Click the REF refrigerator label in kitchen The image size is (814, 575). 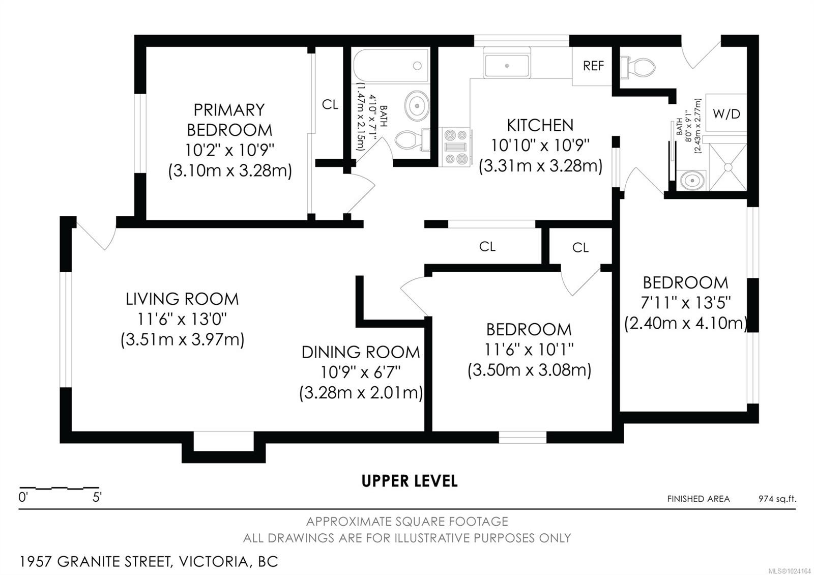click(x=593, y=66)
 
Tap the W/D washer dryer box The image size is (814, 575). click(x=726, y=113)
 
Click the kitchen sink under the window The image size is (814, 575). click(x=507, y=66)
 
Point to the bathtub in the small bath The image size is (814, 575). click(x=391, y=66)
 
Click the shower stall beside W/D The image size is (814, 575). click(x=728, y=167)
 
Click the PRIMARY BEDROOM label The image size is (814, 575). click(x=229, y=120)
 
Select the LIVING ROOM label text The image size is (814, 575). click(x=182, y=299)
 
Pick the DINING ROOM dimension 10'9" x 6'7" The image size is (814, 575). click(x=360, y=372)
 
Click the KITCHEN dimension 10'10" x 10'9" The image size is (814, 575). click(x=540, y=146)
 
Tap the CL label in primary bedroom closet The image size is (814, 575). click(x=330, y=105)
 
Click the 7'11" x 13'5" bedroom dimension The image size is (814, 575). click(x=685, y=303)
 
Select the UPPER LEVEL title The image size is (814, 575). click(x=409, y=481)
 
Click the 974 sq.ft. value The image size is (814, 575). click(x=777, y=499)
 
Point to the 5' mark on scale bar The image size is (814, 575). click(x=97, y=498)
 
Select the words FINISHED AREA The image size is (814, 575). click(x=698, y=499)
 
